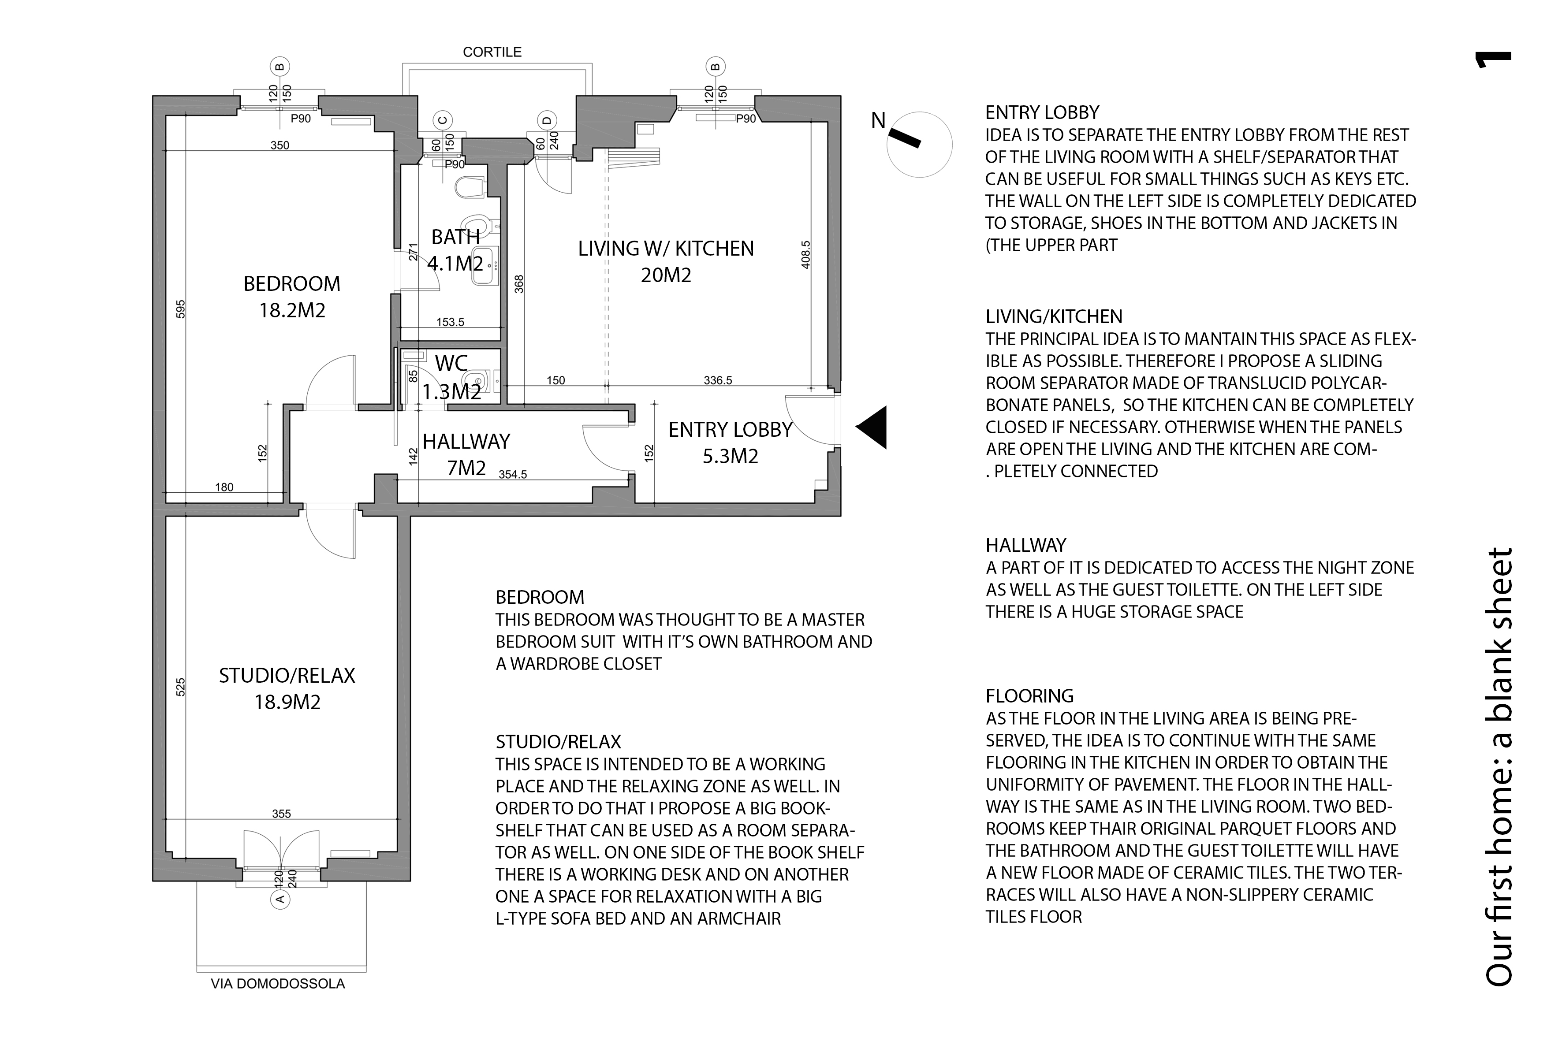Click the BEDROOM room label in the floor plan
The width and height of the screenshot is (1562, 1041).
tap(291, 284)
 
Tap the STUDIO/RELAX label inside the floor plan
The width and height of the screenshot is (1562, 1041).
tap(287, 676)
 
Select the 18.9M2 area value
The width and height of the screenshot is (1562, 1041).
tap(287, 703)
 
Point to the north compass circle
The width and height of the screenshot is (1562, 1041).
tap(920, 145)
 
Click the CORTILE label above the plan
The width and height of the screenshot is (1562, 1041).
tap(492, 52)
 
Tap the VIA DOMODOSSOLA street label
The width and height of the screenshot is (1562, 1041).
tap(278, 984)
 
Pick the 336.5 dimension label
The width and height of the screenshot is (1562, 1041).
tap(718, 380)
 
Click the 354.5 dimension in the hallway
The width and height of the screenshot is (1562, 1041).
tap(513, 475)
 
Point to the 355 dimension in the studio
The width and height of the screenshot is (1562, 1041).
tap(282, 814)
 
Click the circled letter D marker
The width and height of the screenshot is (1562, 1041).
tap(547, 121)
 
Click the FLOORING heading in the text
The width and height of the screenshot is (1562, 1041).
tap(1029, 696)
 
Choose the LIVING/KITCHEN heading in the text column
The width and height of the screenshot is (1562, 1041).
tap(1054, 317)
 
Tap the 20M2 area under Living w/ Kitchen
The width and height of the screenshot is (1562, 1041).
tap(666, 275)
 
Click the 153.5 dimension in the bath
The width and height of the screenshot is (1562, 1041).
tap(450, 323)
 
